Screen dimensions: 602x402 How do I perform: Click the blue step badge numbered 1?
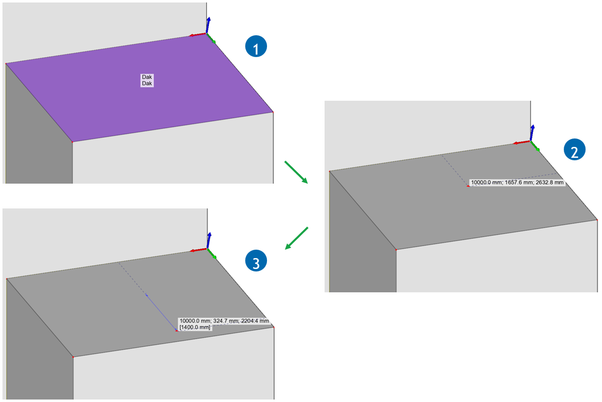click(256, 46)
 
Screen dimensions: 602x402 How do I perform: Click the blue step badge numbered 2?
click(574, 149)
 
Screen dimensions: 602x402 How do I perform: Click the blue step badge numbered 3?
click(256, 261)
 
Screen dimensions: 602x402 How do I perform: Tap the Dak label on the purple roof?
click(147, 80)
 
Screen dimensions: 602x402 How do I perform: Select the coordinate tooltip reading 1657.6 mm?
click(517, 183)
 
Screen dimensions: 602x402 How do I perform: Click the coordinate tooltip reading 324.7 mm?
click(224, 321)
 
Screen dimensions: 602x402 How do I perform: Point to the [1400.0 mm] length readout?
click(195, 327)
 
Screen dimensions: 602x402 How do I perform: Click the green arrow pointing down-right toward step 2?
click(296, 172)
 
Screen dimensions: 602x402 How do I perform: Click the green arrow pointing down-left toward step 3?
click(296, 238)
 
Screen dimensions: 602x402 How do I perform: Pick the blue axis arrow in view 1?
click(208, 25)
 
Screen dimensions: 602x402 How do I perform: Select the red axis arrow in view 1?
click(198, 35)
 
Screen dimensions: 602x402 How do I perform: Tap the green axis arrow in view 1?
click(211, 38)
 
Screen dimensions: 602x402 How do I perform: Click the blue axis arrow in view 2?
click(532, 133)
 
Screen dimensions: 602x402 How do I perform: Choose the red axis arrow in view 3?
click(199, 250)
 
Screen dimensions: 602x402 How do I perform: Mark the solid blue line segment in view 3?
click(161, 313)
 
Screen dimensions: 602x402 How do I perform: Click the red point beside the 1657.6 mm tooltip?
click(468, 186)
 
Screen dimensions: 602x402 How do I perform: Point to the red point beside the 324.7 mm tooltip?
click(177, 331)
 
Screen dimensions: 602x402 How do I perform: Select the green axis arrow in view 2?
click(535, 146)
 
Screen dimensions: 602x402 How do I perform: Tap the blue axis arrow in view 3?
click(209, 240)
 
